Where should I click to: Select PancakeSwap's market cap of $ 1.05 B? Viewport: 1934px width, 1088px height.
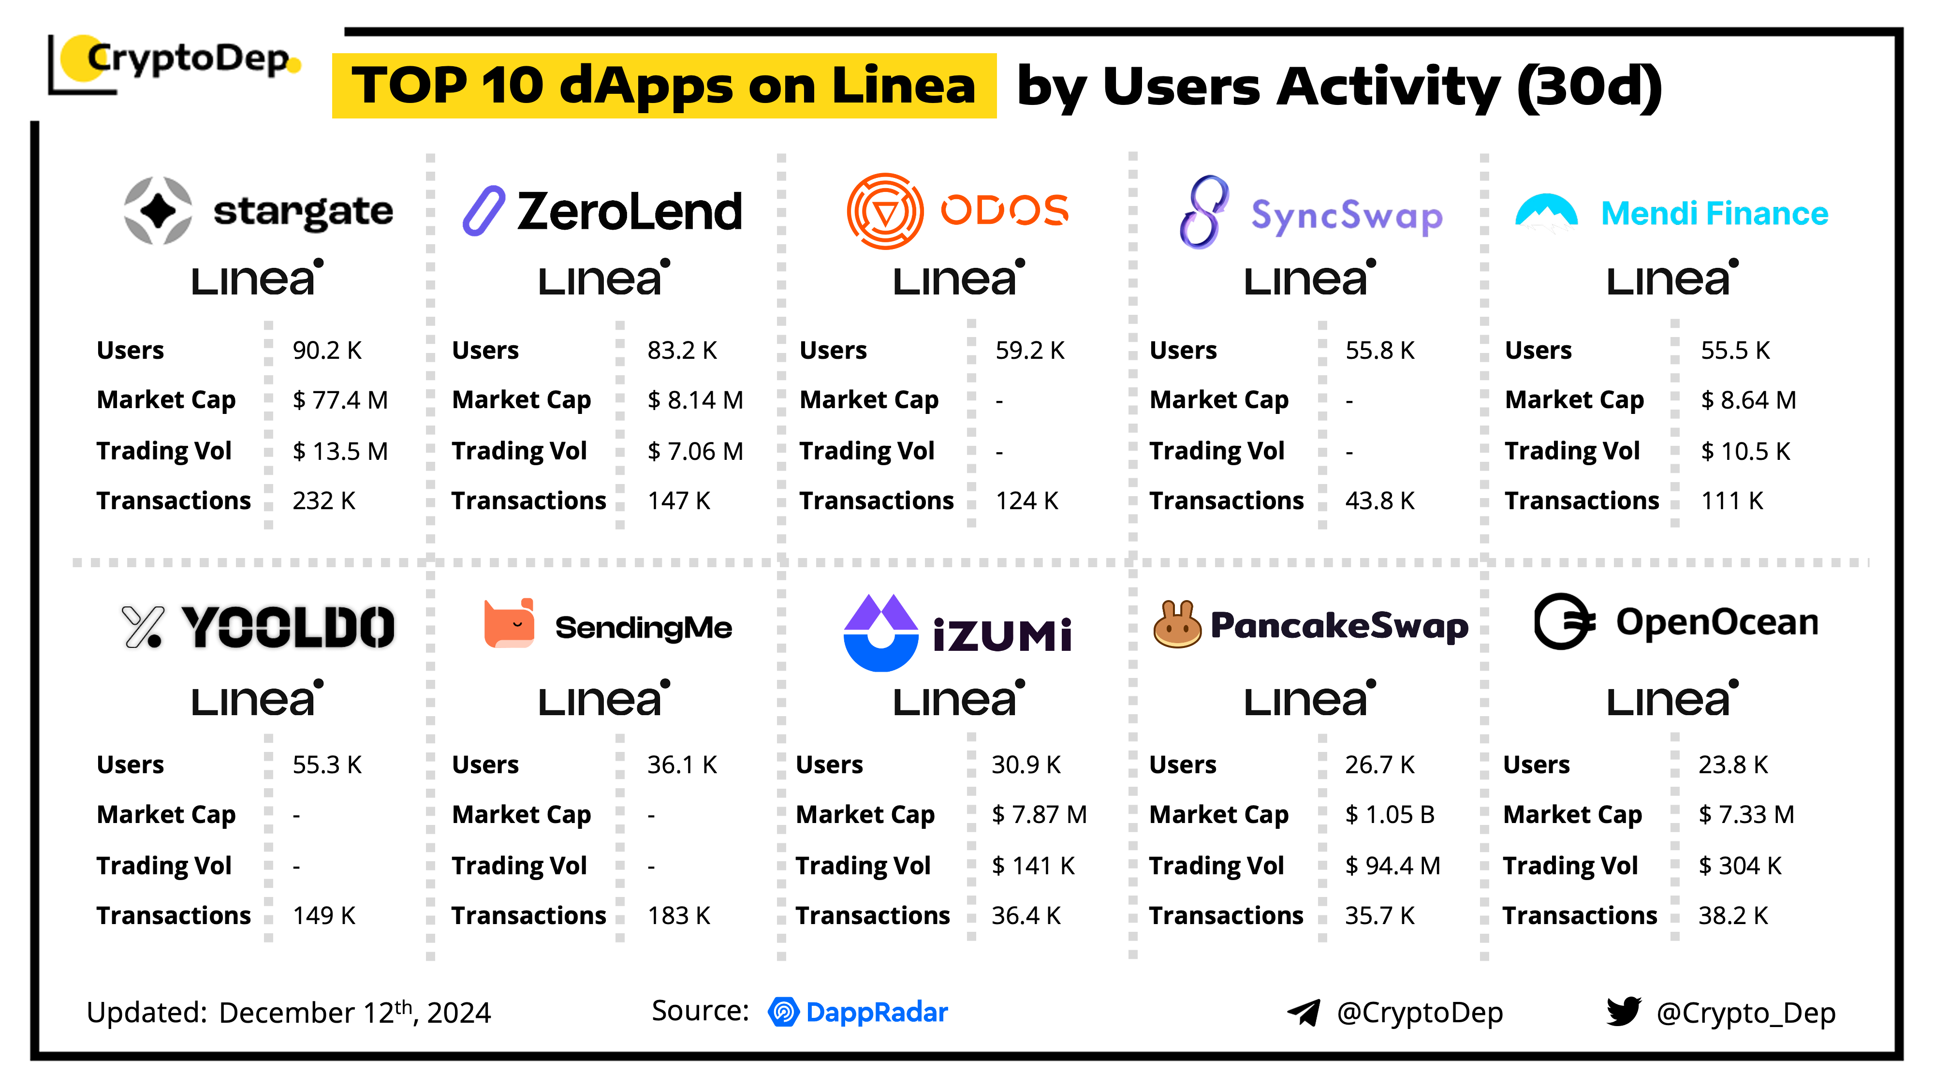[x=1389, y=815]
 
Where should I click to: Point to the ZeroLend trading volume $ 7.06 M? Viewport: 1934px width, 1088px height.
[x=694, y=451]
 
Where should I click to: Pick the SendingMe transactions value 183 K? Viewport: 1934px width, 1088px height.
[x=678, y=916]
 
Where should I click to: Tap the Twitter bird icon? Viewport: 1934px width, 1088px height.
[x=1623, y=1012]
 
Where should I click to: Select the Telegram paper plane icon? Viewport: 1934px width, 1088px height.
[x=1304, y=1013]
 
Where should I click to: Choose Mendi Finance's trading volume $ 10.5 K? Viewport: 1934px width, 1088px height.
[x=1745, y=451]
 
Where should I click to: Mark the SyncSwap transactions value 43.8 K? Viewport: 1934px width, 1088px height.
[x=1379, y=501]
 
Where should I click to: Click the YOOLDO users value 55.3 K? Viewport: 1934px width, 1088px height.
[x=326, y=765]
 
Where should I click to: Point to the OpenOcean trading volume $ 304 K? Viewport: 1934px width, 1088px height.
[x=1739, y=866]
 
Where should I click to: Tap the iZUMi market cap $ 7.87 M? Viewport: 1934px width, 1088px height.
[x=1039, y=815]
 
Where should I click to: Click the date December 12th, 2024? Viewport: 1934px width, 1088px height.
[x=354, y=1013]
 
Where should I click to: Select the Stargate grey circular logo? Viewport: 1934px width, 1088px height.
[x=158, y=211]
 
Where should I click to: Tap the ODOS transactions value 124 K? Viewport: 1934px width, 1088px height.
[x=1026, y=501]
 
